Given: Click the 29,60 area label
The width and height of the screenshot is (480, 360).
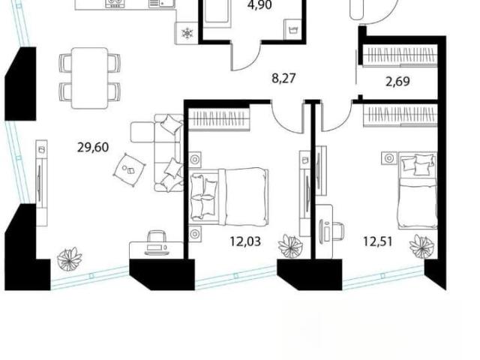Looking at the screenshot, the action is point(93,148).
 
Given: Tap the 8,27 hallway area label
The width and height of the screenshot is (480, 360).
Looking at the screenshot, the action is point(283,78).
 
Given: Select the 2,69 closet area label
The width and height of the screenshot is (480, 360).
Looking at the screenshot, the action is point(397,82).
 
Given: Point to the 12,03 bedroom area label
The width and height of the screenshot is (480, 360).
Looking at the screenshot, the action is point(245,241).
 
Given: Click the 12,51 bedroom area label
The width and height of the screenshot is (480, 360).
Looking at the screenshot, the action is point(378,241).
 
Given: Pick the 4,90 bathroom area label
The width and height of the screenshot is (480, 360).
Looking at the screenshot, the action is point(260,5).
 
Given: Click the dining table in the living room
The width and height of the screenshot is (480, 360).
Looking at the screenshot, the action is point(90,78).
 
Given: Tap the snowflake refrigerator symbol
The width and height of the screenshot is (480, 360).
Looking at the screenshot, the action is point(187,33).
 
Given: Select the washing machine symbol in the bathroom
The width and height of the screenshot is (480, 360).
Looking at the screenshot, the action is point(292,30).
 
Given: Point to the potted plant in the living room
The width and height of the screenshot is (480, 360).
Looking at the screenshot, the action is point(70,259).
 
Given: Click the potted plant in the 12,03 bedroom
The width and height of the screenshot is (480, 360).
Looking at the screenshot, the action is point(290,246).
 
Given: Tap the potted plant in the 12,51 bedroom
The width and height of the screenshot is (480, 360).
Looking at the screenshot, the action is point(421,245).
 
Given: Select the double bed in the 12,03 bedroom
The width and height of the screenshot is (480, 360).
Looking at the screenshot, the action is point(229,194).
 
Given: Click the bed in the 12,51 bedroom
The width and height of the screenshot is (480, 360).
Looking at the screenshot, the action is point(418,190).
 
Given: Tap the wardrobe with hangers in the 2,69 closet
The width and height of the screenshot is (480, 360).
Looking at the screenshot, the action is point(400,55).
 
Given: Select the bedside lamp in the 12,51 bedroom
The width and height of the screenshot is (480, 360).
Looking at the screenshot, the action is point(389,158).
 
